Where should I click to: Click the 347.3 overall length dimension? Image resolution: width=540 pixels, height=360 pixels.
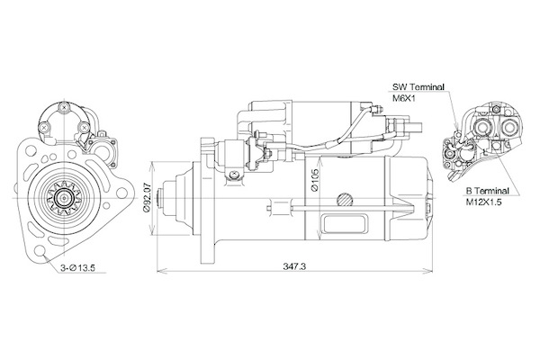[294, 266]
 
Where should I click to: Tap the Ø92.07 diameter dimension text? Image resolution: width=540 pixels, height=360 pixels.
[147, 199]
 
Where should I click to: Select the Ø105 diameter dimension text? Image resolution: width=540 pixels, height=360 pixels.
[314, 179]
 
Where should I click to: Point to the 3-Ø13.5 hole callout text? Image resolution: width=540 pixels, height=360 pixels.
[77, 267]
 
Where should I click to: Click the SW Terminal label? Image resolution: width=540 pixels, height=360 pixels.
[418, 86]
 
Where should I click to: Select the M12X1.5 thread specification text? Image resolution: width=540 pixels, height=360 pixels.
[483, 202]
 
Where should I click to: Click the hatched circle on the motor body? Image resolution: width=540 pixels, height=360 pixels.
[345, 199]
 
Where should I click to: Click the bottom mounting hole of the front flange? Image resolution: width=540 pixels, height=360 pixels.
[40, 251]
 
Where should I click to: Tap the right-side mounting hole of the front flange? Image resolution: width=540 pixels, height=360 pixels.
[121, 193]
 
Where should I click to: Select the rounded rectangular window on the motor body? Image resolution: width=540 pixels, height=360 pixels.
[344, 224]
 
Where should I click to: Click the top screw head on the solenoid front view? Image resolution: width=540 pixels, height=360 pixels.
[64, 107]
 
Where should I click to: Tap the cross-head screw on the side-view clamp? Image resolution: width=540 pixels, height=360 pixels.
[233, 174]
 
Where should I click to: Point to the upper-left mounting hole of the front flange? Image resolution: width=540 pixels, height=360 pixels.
[31, 150]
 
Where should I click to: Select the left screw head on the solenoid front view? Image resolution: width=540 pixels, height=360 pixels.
[43, 128]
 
